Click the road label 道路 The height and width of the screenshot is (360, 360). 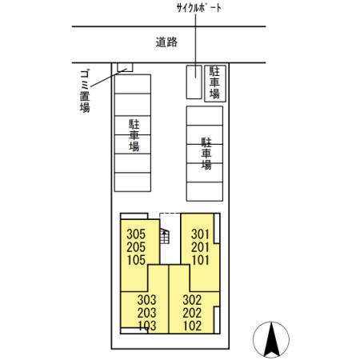point(168,43)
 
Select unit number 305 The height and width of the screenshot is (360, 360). point(136,234)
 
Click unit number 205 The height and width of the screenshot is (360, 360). point(136,246)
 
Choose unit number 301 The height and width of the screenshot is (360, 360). point(200,234)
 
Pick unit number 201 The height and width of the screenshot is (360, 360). point(200,246)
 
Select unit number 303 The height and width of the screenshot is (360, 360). point(146,301)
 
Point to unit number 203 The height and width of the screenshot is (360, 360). point(146,313)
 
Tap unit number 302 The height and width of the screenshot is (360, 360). point(192,301)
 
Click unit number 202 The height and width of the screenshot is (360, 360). point(192,313)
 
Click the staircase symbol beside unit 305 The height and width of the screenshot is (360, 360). point(165,235)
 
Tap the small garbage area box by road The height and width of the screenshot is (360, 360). point(124,67)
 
